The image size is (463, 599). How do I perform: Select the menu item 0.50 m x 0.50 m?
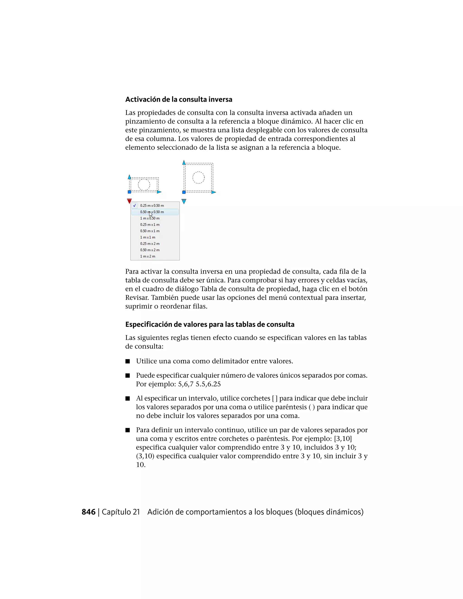coord(152,212)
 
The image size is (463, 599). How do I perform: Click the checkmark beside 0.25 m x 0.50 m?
coord(135,205)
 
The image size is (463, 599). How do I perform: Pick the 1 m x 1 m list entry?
coord(148,237)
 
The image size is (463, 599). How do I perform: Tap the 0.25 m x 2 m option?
coord(150,243)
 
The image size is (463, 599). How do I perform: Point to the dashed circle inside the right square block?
coord(198,177)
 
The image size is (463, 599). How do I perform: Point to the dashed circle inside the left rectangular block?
coord(144,185)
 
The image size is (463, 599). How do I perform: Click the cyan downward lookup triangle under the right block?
coord(184,202)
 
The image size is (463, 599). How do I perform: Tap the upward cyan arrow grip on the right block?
coord(184,163)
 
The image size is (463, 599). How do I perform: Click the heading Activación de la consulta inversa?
coord(179,99)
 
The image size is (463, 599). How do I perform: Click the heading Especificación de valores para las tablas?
coord(210,324)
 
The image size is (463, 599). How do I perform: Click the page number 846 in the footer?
coord(88,512)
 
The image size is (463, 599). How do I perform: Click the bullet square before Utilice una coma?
coord(128,361)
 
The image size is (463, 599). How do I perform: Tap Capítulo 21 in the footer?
coord(121,512)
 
